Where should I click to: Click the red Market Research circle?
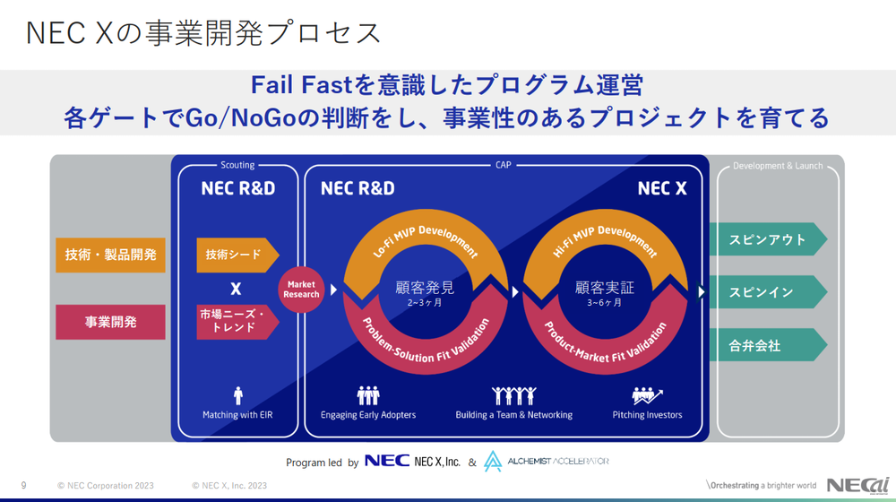[x=301, y=289]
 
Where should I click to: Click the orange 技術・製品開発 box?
[x=110, y=255]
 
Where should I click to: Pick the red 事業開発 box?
[x=110, y=322]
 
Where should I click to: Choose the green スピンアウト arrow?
[x=767, y=239]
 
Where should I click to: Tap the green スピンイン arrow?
[x=767, y=292]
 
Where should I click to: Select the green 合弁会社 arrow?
[x=767, y=345]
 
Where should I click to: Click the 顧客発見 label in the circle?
[x=425, y=288]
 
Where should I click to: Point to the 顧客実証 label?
[x=605, y=288]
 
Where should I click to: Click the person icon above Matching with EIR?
[x=238, y=394]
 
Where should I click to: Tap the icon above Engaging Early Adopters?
[x=368, y=394]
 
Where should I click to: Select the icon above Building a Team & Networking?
[x=513, y=394]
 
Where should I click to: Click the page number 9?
[x=24, y=486]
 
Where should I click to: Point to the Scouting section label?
[x=237, y=165]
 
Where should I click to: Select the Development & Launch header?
[x=778, y=166]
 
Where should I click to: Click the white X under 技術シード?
[x=236, y=289]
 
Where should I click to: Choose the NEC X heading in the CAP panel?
[x=662, y=188]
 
